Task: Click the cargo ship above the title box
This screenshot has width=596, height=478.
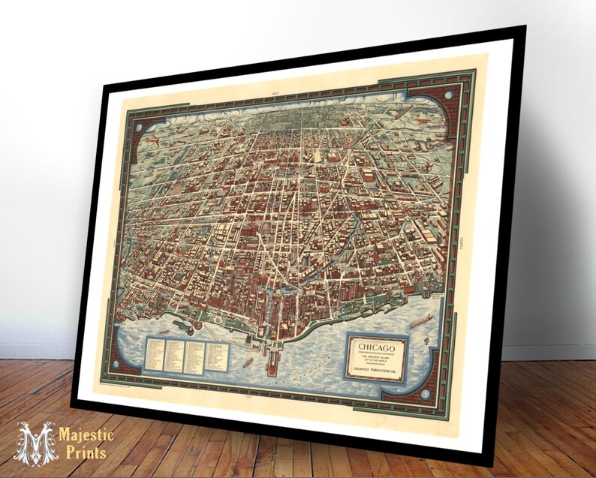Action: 420,319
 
